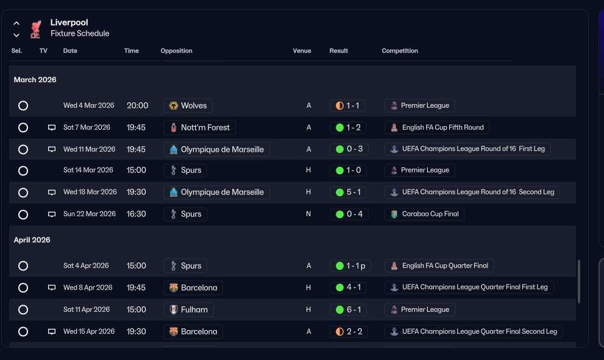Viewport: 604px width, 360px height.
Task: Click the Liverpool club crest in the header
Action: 35,29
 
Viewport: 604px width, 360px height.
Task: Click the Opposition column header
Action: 176,51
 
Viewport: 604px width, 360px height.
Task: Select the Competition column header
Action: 400,51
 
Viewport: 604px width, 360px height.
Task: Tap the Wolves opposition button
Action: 188,105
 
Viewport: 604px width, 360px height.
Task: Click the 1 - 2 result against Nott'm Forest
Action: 348,127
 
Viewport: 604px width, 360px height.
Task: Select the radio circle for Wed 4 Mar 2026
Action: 23,105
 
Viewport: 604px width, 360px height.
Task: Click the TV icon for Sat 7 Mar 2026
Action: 52,127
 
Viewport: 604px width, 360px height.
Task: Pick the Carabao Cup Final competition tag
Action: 424,214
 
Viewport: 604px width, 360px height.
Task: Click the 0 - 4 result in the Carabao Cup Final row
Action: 349,214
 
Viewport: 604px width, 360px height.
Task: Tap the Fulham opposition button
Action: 188,309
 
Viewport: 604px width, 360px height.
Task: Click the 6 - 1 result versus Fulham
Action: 348,309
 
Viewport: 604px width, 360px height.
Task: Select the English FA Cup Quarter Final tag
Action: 439,266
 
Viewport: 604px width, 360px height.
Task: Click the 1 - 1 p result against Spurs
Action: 350,266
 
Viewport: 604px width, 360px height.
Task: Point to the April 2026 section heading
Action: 32,240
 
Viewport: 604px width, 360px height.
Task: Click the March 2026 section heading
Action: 35,80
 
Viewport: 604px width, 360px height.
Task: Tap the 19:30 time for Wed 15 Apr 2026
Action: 137,331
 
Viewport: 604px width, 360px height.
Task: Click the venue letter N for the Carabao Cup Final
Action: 308,214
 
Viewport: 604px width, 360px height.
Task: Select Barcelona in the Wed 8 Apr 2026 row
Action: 193,288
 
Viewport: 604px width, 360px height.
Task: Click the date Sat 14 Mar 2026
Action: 88,170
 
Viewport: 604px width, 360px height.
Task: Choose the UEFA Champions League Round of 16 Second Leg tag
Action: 472,192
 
